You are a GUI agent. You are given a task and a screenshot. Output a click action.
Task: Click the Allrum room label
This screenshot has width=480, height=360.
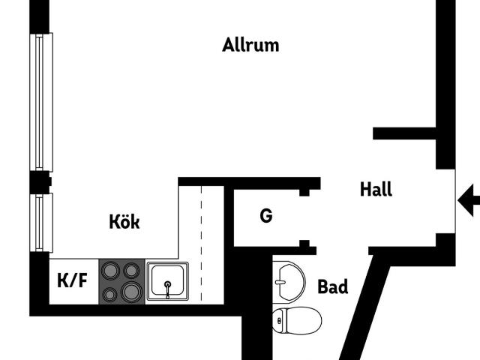(x=250, y=45)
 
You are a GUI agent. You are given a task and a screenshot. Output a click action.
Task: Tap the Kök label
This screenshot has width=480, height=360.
(x=124, y=221)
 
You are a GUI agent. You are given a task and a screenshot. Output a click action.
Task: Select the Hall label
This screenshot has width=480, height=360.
(x=376, y=189)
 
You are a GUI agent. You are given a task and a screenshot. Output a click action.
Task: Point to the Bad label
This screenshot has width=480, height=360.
(x=333, y=286)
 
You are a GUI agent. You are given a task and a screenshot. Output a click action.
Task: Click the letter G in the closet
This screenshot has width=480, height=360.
(x=266, y=215)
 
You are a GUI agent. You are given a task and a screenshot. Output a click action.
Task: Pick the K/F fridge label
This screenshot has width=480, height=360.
(x=72, y=280)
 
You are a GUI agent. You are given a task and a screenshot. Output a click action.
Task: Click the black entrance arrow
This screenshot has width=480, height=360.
(x=469, y=200)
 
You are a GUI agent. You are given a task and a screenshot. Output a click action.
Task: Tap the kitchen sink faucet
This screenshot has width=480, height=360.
(x=167, y=289)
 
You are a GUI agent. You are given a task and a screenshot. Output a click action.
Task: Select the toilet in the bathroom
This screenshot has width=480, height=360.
(x=297, y=320)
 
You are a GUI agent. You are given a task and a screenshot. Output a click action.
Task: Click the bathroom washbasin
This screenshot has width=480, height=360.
(x=289, y=282)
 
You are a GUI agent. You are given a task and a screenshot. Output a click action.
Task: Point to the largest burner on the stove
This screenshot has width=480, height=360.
(x=132, y=292)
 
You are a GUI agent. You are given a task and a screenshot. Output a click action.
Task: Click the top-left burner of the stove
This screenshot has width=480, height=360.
(x=110, y=270)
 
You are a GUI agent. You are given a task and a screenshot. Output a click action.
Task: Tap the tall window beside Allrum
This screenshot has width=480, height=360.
(x=41, y=102)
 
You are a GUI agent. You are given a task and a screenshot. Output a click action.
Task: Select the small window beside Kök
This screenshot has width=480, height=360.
(x=41, y=223)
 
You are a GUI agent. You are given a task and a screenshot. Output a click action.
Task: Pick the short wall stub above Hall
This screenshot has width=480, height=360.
(x=404, y=133)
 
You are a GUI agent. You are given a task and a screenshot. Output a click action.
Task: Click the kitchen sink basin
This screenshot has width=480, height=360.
(x=167, y=281)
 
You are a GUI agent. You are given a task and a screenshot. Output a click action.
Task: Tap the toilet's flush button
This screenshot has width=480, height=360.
(x=279, y=320)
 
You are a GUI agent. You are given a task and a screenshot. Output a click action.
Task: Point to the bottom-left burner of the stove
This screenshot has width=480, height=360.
(x=109, y=295)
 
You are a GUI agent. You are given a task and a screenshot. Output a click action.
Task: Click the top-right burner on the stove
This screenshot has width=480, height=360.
(x=131, y=270)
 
